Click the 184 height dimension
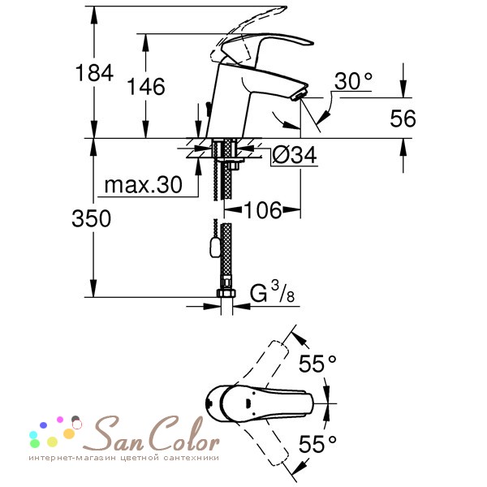(94, 73)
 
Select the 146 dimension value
(146, 86)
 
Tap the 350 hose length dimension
(91, 218)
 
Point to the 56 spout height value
(403, 119)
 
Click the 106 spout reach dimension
(263, 210)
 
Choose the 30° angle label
(353, 81)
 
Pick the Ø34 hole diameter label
(295, 154)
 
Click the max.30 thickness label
(143, 185)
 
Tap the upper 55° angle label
(317, 364)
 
